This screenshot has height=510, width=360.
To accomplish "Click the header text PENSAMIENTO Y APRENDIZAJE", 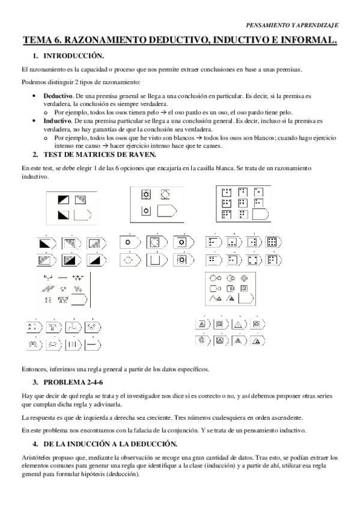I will click(293, 25).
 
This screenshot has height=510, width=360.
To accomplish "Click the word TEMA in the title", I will click(37, 40).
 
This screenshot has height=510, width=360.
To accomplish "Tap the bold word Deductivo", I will click(57, 96).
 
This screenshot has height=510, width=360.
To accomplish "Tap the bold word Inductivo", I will click(56, 121).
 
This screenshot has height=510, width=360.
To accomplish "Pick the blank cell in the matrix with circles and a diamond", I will click(166, 210).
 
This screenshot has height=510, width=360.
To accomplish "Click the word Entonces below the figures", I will click(34, 369).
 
